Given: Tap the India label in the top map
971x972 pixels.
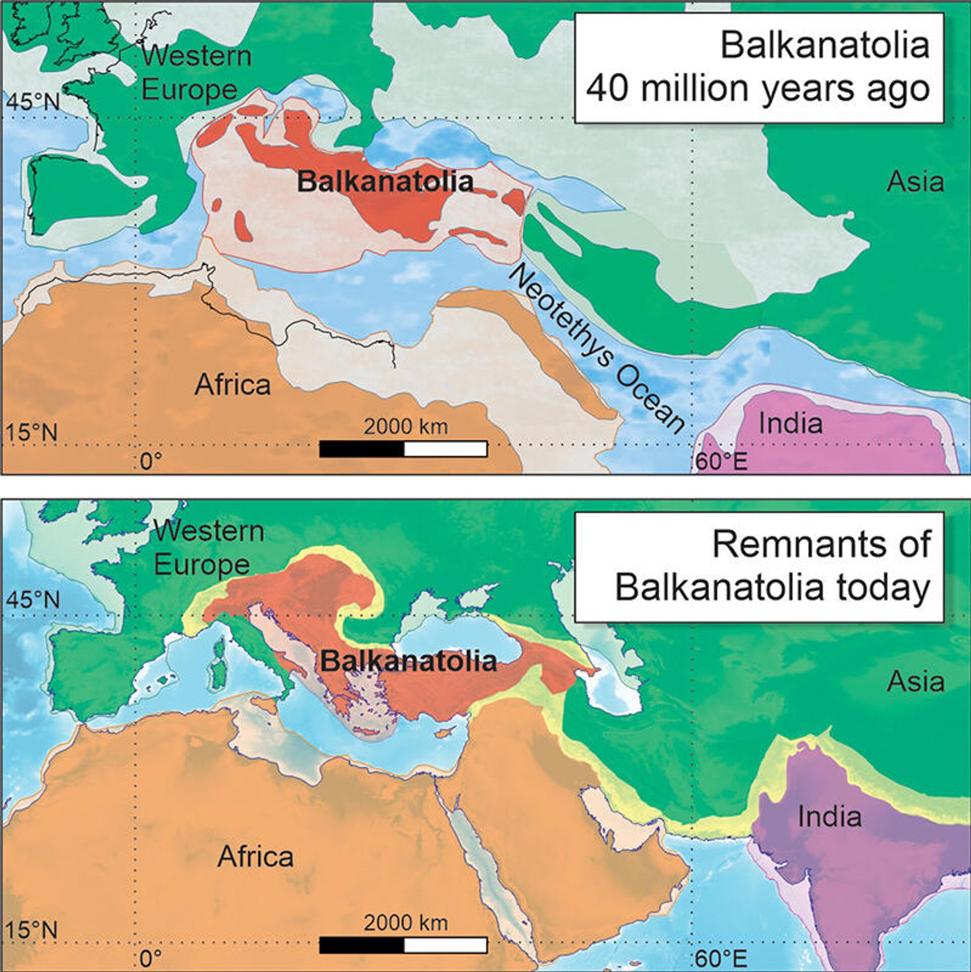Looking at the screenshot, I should tap(790, 423).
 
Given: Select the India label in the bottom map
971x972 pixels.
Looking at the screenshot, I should tap(829, 816).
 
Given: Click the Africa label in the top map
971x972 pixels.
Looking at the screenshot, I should tap(233, 384).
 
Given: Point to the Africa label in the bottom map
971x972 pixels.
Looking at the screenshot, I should tap(255, 857).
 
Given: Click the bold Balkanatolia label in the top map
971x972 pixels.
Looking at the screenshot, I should tap(385, 182).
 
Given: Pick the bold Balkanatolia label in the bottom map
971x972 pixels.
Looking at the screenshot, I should tap(409, 661).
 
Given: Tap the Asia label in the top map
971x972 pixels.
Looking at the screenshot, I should tap(915, 182).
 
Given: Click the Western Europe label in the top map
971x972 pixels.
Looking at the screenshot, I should tap(196, 72).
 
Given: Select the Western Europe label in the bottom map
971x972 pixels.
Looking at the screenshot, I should tap(208, 548).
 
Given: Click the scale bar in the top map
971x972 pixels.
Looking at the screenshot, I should tap(403, 449).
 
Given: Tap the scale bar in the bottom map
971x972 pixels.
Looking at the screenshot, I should tap(403, 945).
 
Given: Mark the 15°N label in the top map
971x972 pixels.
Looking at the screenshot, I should tap(31, 433).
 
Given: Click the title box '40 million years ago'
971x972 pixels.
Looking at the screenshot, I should tap(759, 68).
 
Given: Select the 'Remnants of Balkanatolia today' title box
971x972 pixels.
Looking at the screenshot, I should tap(759, 566).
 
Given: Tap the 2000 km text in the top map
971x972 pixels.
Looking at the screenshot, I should tap(406, 427).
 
